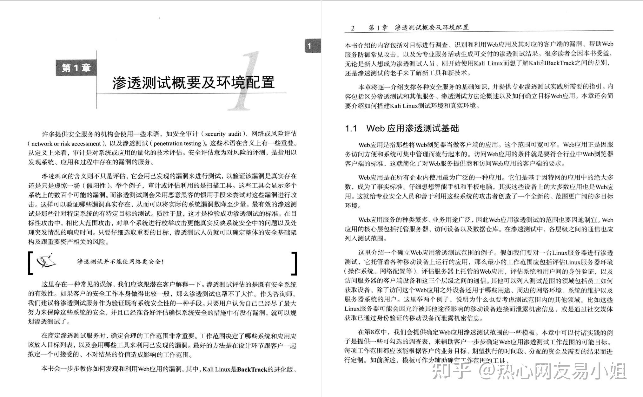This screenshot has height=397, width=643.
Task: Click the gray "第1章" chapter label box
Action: [x=76, y=68]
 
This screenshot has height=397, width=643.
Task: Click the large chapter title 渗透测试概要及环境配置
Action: [x=193, y=82]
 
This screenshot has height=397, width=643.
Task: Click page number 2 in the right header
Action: [x=353, y=28]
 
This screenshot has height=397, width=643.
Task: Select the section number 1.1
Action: [x=351, y=128]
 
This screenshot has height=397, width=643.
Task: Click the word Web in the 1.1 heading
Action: [x=375, y=128]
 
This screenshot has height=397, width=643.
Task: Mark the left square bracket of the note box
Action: [x=30, y=263]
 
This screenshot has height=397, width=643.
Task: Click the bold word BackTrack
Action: [x=252, y=369]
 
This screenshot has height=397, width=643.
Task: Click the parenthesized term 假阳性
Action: [x=98, y=185]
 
